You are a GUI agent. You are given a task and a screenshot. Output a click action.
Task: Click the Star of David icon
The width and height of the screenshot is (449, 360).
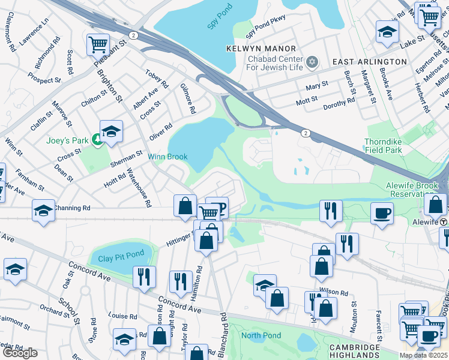point(312,62)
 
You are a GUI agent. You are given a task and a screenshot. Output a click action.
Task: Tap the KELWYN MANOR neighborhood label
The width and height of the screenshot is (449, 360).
point(261,48)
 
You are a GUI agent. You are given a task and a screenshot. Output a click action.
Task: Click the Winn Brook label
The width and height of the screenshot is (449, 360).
point(168,157)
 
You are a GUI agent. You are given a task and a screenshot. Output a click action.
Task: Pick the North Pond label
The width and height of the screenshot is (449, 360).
point(261,335)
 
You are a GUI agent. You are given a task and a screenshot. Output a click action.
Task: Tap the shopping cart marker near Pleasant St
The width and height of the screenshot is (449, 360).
point(97,44)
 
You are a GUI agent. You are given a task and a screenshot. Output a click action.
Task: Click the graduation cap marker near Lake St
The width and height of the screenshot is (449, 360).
point(387,31)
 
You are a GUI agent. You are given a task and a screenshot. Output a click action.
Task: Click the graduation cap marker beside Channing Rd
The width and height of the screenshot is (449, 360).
point(43,211)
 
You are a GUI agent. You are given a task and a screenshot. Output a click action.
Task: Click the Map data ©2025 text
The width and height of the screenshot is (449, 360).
point(423,355)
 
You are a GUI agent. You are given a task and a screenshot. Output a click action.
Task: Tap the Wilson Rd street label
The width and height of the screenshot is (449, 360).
point(336,293)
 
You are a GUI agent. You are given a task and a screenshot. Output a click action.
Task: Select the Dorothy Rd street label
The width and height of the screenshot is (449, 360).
point(339,104)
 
